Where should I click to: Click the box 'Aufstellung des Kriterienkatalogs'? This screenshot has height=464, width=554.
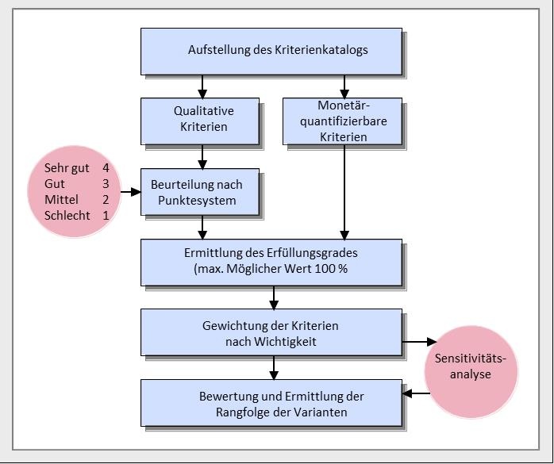point(271,51)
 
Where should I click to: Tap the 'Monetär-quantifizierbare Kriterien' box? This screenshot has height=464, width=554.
point(343,121)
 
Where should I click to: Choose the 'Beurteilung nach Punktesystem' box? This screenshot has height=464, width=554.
point(200,192)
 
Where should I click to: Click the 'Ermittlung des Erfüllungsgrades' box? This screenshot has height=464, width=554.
point(271,262)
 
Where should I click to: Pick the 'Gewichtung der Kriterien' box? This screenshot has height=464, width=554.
point(271,332)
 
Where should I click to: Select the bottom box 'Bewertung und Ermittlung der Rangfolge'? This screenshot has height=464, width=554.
point(271,403)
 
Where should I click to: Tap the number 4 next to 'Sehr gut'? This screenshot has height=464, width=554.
point(106,168)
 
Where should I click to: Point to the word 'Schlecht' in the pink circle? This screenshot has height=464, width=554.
point(67,215)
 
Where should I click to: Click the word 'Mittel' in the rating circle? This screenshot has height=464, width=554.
point(61,199)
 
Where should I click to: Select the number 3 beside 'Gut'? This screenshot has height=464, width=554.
point(106,184)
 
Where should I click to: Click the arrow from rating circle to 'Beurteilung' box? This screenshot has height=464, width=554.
point(130,192)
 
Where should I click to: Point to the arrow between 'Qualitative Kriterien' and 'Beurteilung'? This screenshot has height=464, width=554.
point(202,157)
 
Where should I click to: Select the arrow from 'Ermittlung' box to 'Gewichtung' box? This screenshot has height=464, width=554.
point(274,297)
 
